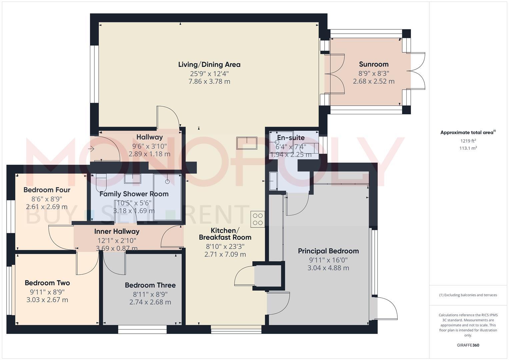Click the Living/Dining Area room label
coord(209,65)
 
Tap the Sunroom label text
coord(374,64)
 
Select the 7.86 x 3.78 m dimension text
coord(209,82)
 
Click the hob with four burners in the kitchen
coord(258,219)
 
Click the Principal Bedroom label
coord(328,251)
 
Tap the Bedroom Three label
coord(150,285)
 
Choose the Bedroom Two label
coord(47,283)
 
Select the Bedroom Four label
coord(47,190)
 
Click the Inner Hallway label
coord(117,231)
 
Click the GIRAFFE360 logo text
coord(468,345)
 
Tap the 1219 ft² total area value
coord(468,141)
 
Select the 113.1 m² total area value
coord(468,148)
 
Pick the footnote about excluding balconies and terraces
coord(468,295)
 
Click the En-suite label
coord(291,138)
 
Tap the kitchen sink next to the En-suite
coord(247,143)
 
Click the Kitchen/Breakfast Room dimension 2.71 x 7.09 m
coord(225,255)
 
